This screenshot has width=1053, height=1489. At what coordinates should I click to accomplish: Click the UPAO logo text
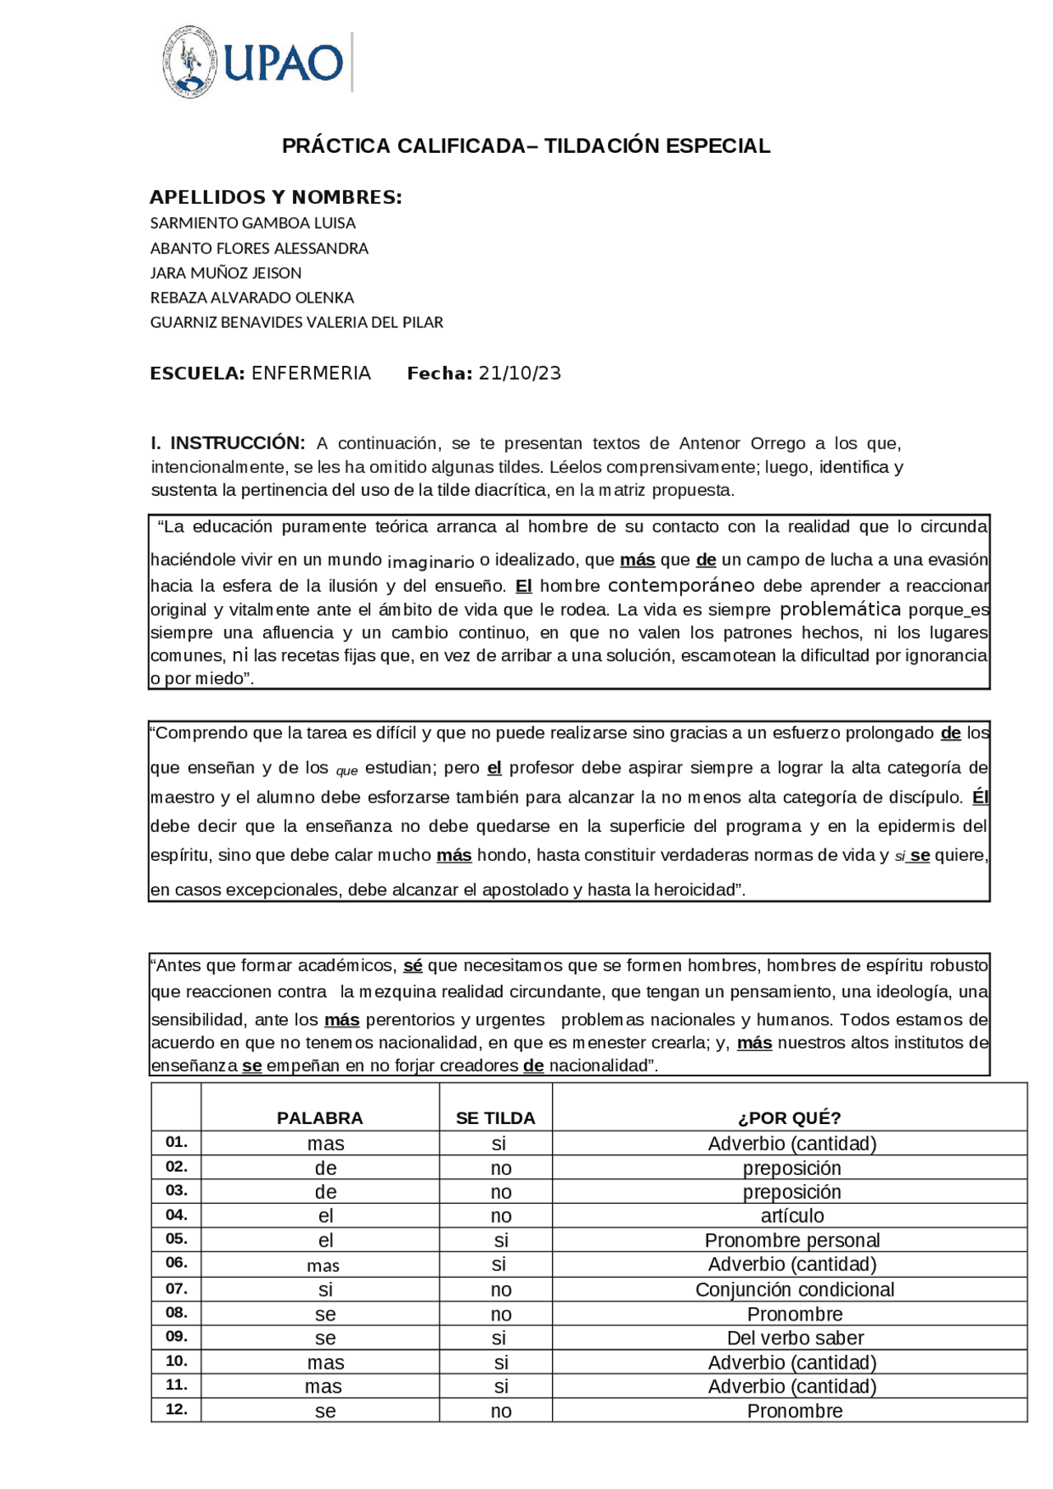click(x=283, y=62)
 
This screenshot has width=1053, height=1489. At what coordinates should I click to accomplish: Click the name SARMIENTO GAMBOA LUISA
click(x=253, y=223)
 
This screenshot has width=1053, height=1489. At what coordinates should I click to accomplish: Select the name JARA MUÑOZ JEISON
click(x=225, y=273)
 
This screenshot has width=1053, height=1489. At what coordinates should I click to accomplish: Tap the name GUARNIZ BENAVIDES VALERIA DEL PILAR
click(x=296, y=322)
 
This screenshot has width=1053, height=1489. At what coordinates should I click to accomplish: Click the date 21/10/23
click(x=519, y=373)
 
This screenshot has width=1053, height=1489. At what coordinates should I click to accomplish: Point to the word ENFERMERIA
click(x=311, y=373)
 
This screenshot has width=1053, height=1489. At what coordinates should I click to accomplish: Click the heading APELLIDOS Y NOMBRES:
click(x=276, y=197)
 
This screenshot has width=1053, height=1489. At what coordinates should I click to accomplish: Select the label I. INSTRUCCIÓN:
click(x=228, y=443)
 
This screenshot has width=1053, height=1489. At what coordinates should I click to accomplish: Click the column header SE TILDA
click(x=495, y=1118)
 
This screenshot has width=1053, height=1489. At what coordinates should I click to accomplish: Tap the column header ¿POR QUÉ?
click(x=789, y=1118)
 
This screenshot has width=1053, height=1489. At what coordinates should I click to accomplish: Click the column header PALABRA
click(x=319, y=1118)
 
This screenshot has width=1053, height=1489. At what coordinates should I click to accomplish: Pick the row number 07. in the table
click(x=176, y=1288)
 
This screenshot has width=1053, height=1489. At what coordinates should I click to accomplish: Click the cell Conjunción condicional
click(x=794, y=1289)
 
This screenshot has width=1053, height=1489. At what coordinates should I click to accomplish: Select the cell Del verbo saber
click(x=795, y=1338)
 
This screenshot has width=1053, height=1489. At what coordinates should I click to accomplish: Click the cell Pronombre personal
click(x=791, y=1240)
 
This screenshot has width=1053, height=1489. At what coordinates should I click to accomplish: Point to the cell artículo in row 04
click(x=791, y=1216)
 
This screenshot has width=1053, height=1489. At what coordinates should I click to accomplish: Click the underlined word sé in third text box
click(x=412, y=966)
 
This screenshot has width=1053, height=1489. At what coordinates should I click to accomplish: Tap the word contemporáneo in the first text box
click(x=680, y=585)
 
